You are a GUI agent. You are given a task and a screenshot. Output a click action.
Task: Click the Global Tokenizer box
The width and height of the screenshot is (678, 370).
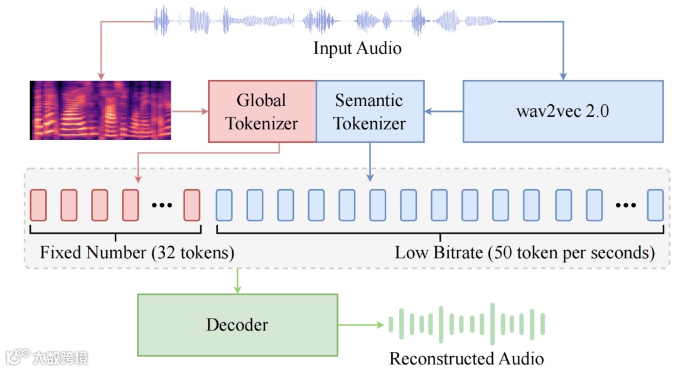(x=262, y=112)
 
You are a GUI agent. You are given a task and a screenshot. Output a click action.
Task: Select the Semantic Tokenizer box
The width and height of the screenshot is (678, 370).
(x=369, y=112)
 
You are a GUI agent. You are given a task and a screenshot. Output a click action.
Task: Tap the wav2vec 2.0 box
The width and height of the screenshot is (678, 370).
(x=562, y=112)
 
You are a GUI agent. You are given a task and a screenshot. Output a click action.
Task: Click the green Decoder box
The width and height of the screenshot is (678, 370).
(x=237, y=325)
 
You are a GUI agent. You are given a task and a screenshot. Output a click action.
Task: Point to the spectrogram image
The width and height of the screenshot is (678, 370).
(x=100, y=110)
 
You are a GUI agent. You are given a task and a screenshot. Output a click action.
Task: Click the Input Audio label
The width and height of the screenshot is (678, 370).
(x=357, y=48)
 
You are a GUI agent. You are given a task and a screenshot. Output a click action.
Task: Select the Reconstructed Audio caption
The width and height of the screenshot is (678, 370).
(x=466, y=359)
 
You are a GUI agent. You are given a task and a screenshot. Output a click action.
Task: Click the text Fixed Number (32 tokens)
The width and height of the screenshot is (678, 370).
(x=137, y=253)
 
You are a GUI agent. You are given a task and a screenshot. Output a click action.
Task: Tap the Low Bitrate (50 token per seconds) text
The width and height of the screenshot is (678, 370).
(x=524, y=253)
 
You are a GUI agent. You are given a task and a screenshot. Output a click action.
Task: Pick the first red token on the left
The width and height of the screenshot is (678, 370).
(x=38, y=205)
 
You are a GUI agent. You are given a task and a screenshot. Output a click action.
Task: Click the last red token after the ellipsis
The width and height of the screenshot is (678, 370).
(x=191, y=205)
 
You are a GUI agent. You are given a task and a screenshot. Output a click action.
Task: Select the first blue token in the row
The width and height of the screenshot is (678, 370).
(x=224, y=205)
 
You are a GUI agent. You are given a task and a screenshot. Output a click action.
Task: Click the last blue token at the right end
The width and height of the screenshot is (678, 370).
(x=655, y=205)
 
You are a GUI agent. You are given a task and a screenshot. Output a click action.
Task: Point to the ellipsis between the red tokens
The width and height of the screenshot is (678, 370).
(x=162, y=205)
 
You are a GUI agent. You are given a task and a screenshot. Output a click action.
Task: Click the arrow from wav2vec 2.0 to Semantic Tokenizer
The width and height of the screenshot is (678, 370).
(x=443, y=112)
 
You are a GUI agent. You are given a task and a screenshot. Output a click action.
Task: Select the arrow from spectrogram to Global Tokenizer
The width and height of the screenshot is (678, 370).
(x=190, y=112)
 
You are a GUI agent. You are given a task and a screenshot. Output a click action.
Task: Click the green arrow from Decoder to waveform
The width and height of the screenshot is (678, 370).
(x=360, y=325)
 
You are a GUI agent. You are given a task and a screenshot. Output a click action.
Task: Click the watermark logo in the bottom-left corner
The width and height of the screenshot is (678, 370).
(x=47, y=357)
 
